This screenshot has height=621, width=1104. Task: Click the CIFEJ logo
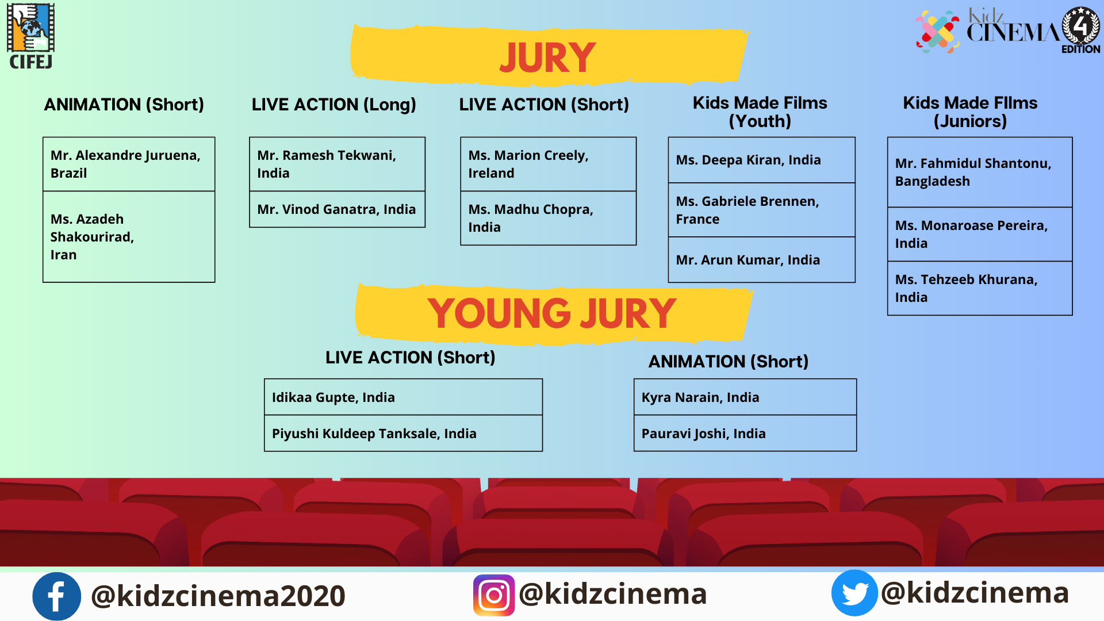coord(31,36)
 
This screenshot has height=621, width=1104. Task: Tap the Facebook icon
coord(56,596)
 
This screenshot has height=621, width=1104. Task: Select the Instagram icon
coord(494,595)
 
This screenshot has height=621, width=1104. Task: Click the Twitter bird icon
coord(854,593)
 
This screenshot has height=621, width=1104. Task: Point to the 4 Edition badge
coord(1081,30)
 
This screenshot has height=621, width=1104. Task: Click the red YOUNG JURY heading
coord(552,313)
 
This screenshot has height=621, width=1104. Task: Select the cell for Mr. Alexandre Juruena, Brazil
coord(129,164)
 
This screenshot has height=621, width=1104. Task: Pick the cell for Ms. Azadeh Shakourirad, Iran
coord(129,236)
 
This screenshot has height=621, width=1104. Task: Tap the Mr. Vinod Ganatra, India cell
coord(337,209)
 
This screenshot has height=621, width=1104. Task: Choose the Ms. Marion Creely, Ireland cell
coord(549,164)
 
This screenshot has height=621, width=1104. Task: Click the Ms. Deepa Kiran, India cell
coord(762,160)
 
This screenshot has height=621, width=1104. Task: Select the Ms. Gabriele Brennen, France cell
coord(762,210)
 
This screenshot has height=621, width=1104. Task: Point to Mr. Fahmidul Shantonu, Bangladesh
coord(980,172)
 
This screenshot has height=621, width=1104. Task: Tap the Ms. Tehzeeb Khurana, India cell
coord(980,288)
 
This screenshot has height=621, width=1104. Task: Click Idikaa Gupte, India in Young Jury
coord(403,397)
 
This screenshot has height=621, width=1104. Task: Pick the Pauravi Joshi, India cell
coord(745,433)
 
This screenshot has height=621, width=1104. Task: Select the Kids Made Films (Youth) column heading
coord(760,112)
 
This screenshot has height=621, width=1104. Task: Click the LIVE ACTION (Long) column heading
coord(333,105)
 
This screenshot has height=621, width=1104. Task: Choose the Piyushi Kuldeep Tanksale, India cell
coord(403,433)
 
